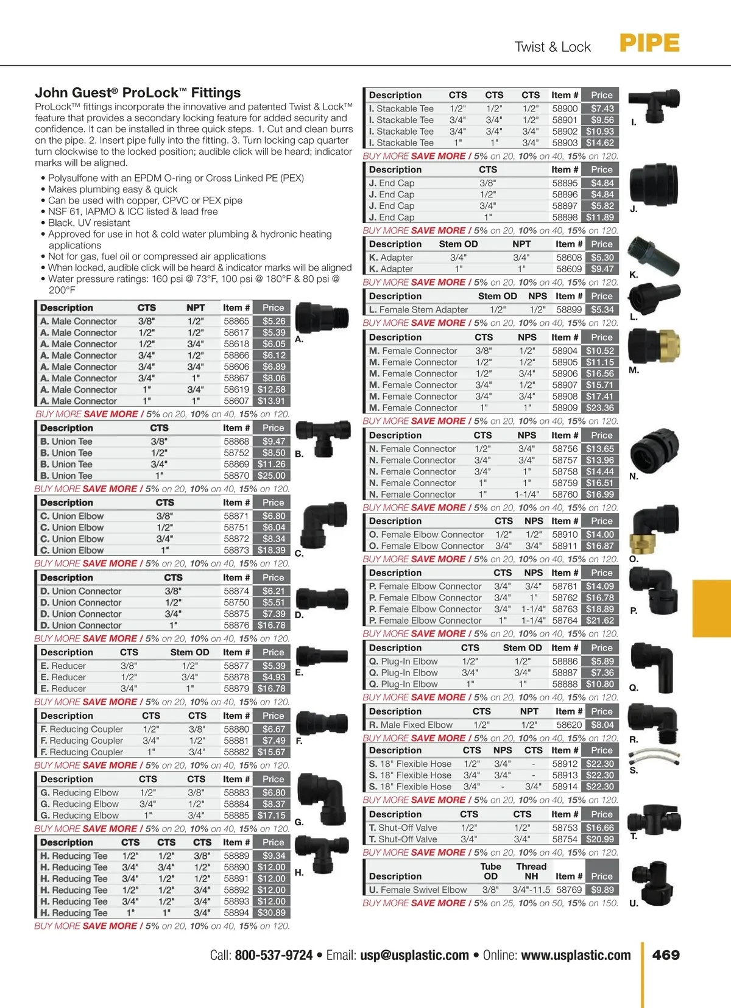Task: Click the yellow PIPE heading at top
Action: tap(649, 43)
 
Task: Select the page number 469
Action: tap(666, 955)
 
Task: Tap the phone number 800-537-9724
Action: tap(274, 955)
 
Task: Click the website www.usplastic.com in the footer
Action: tap(576, 955)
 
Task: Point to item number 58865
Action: tap(236, 321)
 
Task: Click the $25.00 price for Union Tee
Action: tap(271, 476)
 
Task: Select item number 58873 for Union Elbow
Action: tap(236, 550)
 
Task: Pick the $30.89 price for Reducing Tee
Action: tap(271, 913)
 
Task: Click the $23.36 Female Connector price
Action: tap(600, 407)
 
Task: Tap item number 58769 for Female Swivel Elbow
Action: tap(569, 890)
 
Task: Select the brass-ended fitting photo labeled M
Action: tap(652, 348)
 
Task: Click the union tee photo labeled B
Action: tap(323, 437)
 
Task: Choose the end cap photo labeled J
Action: tap(652, 180)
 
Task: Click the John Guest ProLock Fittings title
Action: tap(138, 93)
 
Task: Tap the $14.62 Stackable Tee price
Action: tap(600, 143)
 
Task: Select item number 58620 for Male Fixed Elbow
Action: tap(569, 725)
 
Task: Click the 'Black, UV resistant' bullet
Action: tap(89, 223)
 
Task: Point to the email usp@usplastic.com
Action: tap(414, 955)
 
